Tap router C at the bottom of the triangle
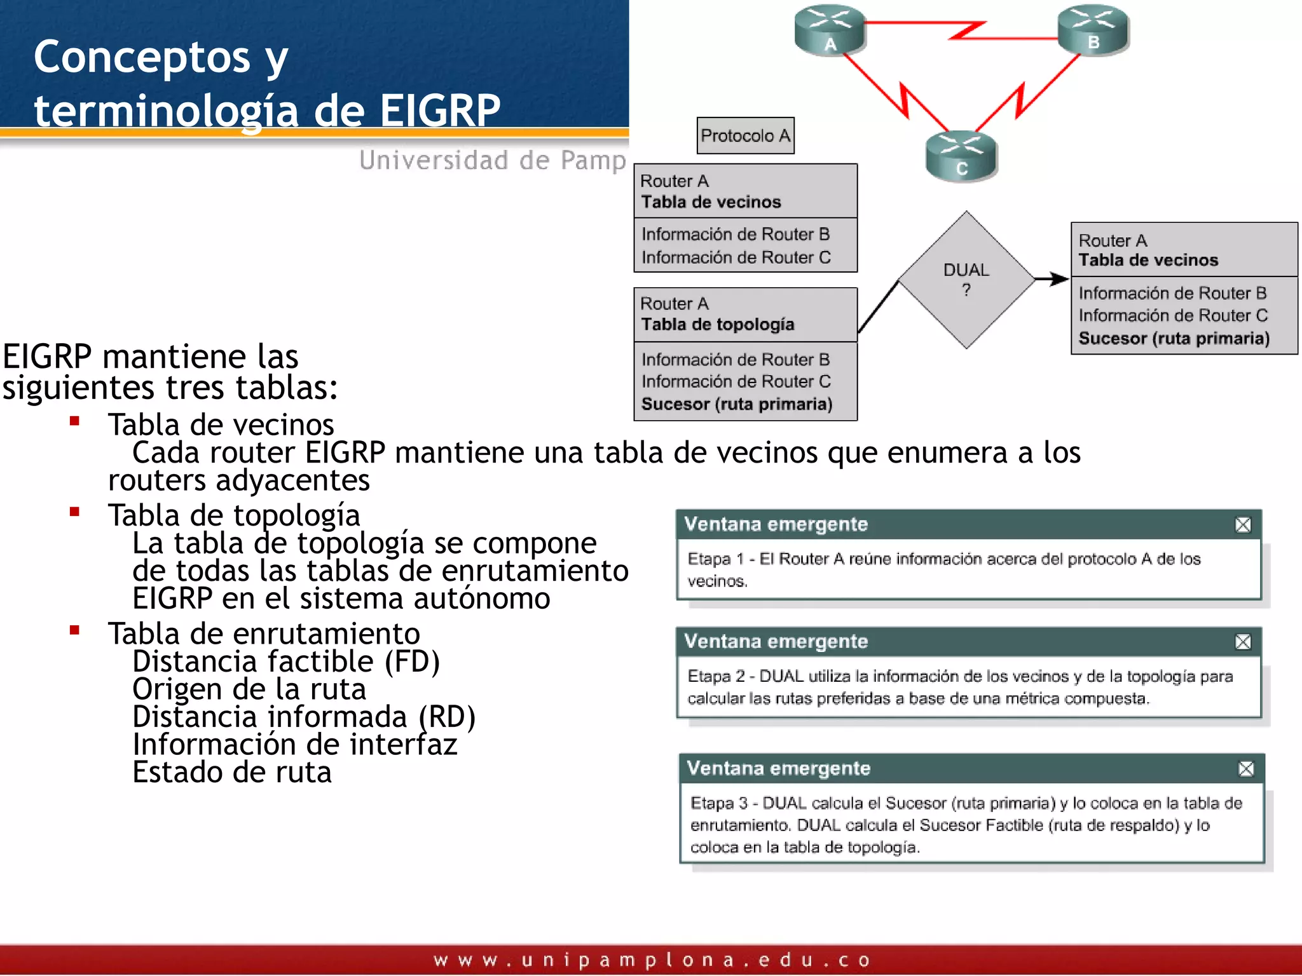pyautogui.click(x=961, y=156)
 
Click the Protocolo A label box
pyautogui.click(x=745, y=135)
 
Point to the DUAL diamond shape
pyautogui.click(x=966, y=280)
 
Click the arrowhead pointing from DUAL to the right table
pyautogui.click(x=1059, y=278)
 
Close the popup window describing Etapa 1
pyautogui.click(x=1243, y=525)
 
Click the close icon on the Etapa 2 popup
pyautogui.click(x=1243, y=642)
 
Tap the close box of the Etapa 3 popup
pyautogui.click(x=1246, y=769)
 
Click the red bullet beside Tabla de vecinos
pyautogui.click(x=74, y=421)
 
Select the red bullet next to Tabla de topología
pyautogui.click(x=74, y=512)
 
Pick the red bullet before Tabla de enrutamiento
pyautogui.click(x=74, y=630)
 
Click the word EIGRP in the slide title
pyautogui.click(x=440, y=110)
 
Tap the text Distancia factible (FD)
pyautogui.click(x=286, y=661)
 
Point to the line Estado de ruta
pyautogui.click(x=232, y=772)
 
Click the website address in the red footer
pyautogui.click(x=652, y=959)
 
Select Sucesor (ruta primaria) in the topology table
pyautogui.click(x=736, y=404)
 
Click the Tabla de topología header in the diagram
pyautogui.click(x=717, y=324)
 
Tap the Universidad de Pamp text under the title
pyautogui.click(x=493, y=160)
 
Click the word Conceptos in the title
pyautogui.click(x=142, y=57)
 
